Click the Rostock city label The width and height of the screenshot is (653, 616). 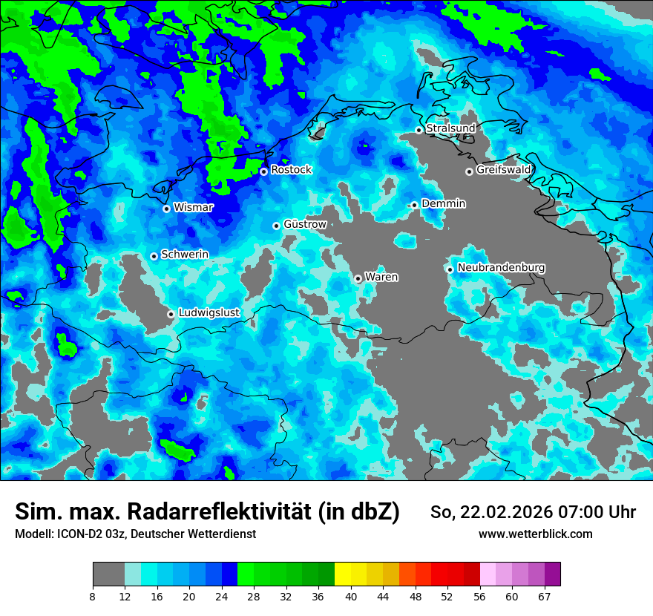point(291,170)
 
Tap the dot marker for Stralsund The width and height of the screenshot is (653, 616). point(419,130)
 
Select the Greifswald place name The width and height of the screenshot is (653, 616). point(503,170)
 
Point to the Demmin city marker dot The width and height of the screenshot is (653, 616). point(414,205)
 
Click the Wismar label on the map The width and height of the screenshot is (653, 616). point(193,207)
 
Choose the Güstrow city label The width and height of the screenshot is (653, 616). point(305,224)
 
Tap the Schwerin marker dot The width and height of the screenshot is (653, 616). point(154,256)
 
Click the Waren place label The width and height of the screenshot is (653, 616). point(381,277)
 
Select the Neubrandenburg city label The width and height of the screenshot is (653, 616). point(501,268)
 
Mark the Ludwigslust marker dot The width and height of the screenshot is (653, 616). point(171,314)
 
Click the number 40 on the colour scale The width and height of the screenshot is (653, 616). point(351,596)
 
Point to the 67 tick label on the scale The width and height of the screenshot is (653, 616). point(544,596)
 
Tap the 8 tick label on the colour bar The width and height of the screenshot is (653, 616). point(92,596)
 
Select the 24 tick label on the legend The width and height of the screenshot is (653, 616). point(221,596)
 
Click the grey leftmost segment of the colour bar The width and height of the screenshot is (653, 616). point(108,574)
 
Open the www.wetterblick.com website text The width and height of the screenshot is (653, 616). point(535,534)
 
